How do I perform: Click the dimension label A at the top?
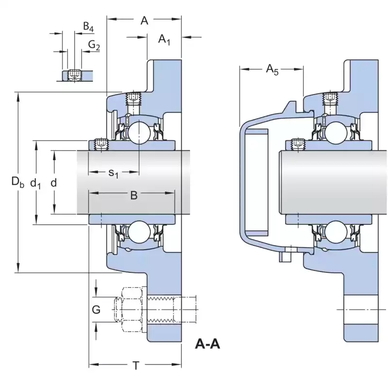tap(144, 20)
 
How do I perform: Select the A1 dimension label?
tap(164, 39)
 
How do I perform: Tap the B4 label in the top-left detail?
tap(88, 27)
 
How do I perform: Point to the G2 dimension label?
tap(94, 46)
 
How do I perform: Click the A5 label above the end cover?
tap(272, 70)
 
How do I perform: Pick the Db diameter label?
tap(17, 182)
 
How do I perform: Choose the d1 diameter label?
tap(35, 182)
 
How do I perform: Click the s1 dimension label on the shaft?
tap(113, 173)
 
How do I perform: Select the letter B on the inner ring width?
tap(134, 195)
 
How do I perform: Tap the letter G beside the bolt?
tap(97, 309)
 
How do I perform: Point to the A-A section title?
tap(208, 344)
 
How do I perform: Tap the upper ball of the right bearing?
tap(335, 132)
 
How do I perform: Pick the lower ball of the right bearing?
tap(335, 232)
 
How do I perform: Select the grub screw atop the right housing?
tap(330, 99)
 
